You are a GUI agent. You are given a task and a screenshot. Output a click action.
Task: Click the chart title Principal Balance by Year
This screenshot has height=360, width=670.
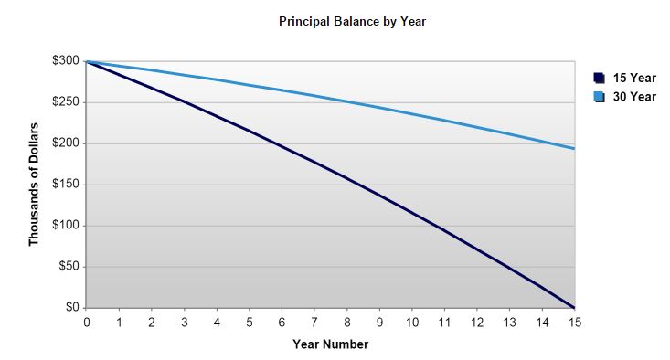click(352, 21)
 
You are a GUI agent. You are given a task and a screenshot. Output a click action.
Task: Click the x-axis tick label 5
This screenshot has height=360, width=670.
click(249, 323)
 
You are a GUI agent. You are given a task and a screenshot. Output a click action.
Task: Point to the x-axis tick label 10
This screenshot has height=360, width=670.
click(411, 323)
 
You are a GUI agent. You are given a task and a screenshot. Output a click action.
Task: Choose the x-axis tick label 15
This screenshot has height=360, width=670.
click(575, 323)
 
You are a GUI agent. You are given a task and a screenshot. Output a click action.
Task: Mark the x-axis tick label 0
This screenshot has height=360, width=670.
click(86, 323)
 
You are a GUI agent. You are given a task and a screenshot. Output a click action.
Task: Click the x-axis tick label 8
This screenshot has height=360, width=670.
click(346, 323)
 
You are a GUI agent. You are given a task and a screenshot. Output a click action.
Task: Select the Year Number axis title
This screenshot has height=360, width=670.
click(331, 344)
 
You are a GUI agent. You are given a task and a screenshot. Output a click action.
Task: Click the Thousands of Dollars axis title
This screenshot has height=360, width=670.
click(34, 185)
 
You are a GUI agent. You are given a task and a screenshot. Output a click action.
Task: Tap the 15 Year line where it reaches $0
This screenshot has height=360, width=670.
click(574, 307)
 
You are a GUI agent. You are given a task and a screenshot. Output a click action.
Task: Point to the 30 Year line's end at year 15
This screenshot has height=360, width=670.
click(574, 148)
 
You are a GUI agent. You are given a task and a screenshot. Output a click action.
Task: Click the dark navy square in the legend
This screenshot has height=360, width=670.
click(599, 79)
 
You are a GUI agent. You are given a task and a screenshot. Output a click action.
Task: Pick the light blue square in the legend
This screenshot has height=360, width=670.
click(599, 97)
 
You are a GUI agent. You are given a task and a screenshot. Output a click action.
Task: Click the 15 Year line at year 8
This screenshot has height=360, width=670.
click(346, 177)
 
